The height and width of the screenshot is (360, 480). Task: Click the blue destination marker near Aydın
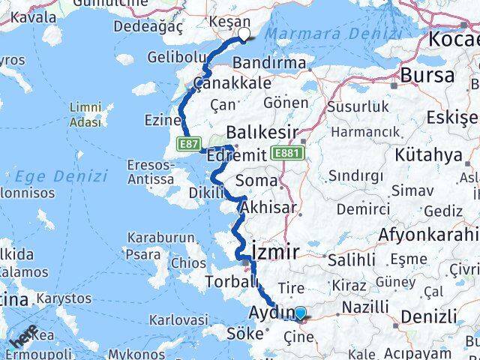pyautogui.click(x=300, y=314)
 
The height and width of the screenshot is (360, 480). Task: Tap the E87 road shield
pyautogui.click(x=188, y=142)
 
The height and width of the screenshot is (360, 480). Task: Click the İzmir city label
pyautogui.click(x=277, y=250)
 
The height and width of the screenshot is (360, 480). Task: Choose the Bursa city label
pyautogui.click(x=427, y=75)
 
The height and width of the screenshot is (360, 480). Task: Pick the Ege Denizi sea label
pyautogui.click(x=59, y=177)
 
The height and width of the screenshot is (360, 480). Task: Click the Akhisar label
pyautogui.click(x=265, y=208)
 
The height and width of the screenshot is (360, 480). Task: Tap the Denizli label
pyautogui.click(x=428, y=316)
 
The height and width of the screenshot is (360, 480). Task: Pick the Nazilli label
pyautogui.click(x=365, y=307)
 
